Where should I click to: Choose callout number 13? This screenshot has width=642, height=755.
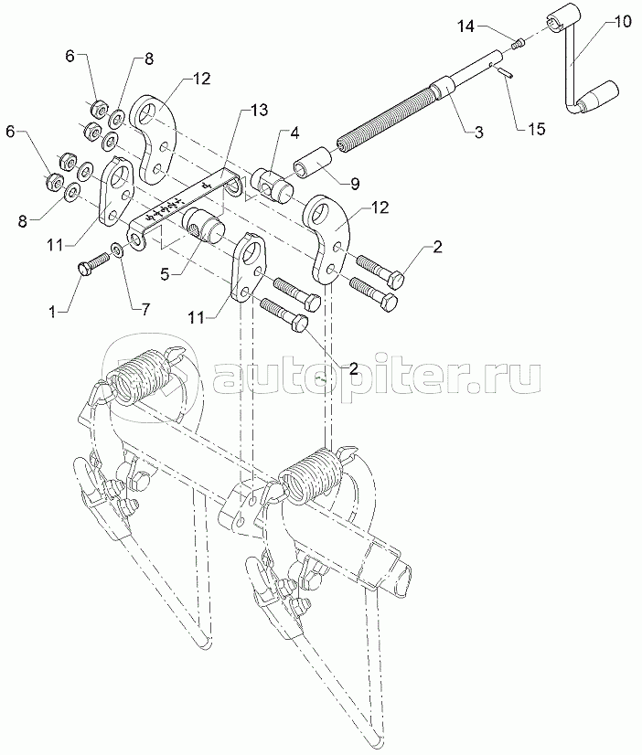(258, 110)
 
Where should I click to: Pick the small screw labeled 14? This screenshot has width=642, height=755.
(517, 41)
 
